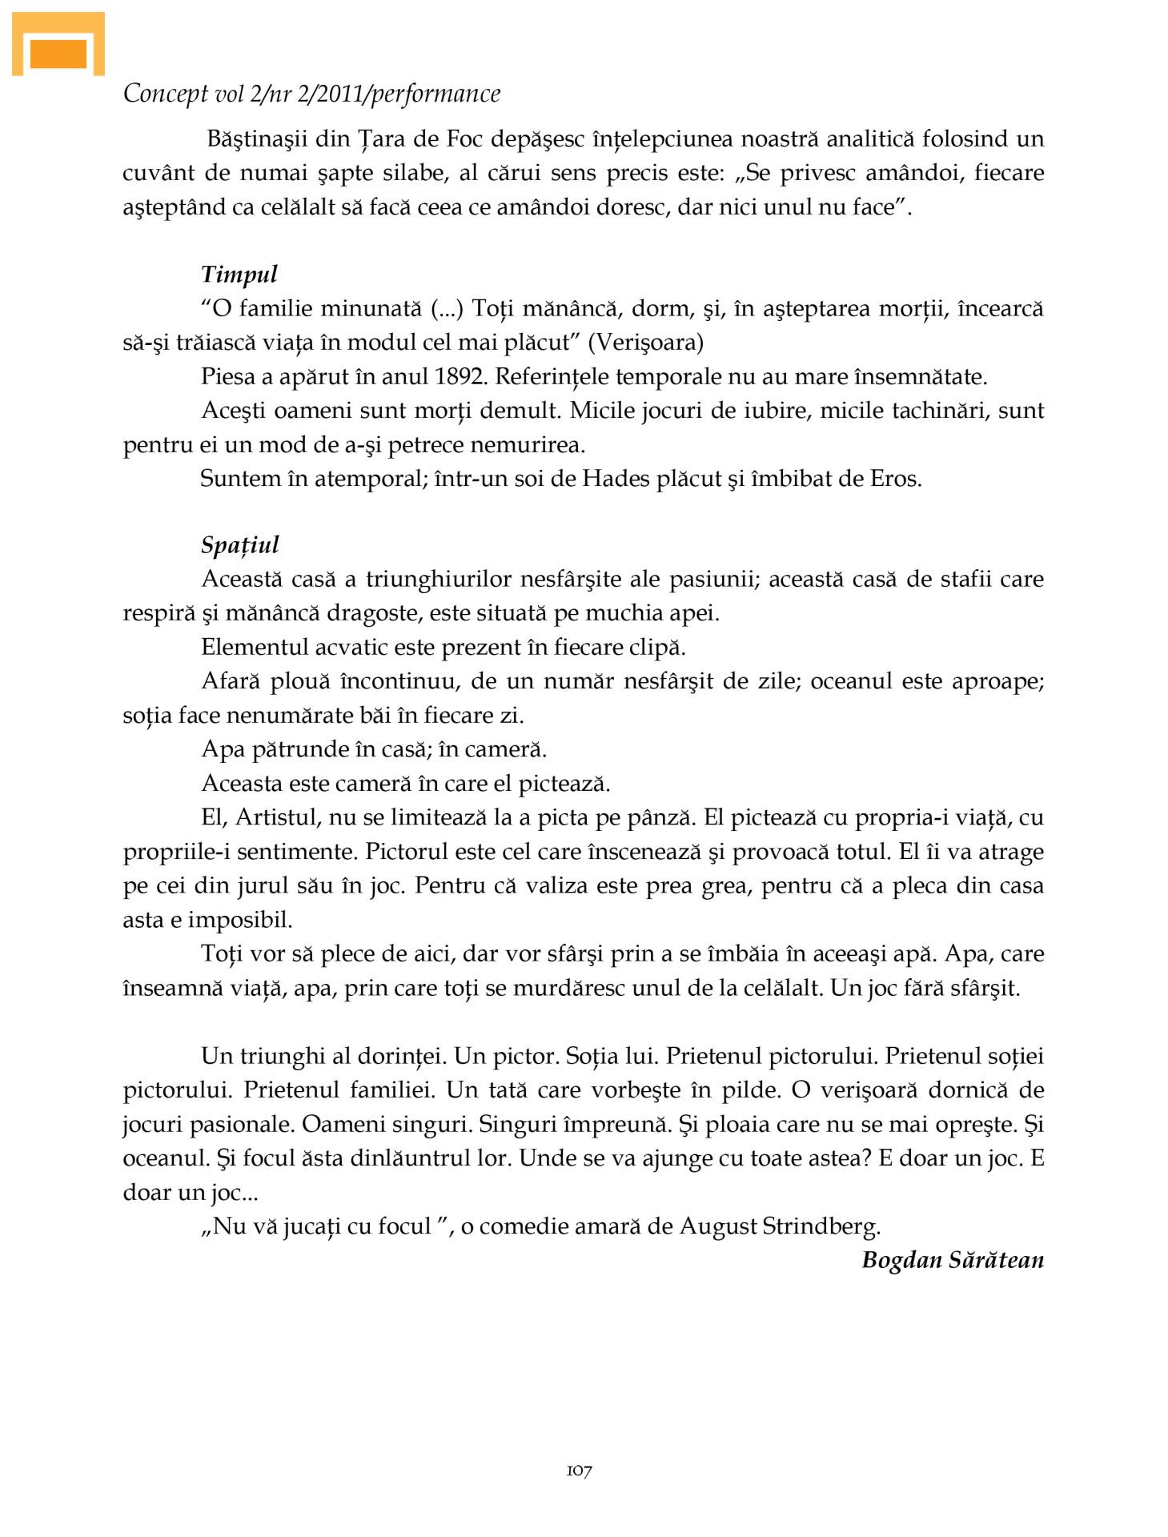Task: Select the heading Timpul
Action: (x=239, y=275)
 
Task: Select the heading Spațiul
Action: (x=240, y=545)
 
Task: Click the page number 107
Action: (x=579, y=1471)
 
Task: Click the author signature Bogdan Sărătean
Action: (x=953, y=1260)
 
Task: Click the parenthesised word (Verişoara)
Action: (x=646, y=343)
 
